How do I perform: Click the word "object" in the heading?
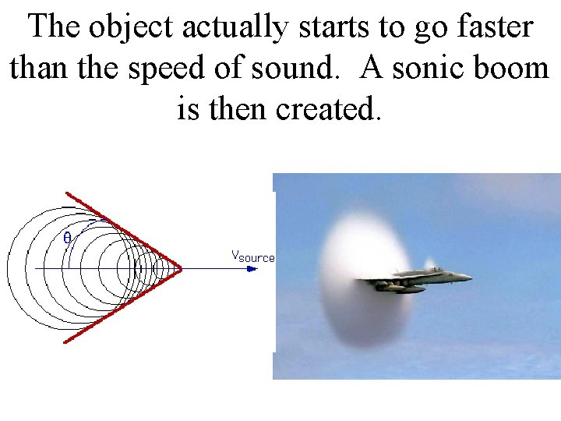click(x=131, y=27)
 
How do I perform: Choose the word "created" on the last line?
click(x=330, y=109)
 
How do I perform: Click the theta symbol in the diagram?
click(x=67, y=238)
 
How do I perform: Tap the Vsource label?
click(x=252, y=256)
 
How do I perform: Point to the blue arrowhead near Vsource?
click(x=251, y=268)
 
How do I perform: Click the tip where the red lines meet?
click(x=181, y=268)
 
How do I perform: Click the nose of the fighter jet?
click(x=471, y=276)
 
